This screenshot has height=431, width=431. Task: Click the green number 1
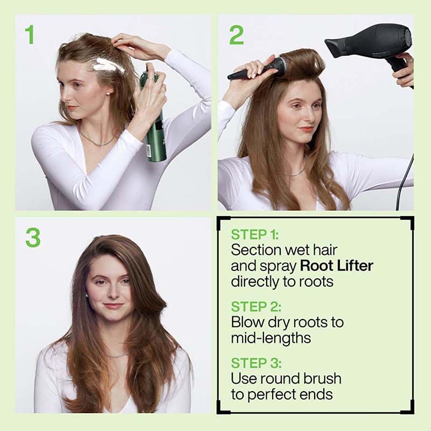tap(30, 34)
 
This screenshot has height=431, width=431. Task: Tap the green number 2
tap(236, 34)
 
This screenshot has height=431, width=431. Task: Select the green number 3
tap(32, 238)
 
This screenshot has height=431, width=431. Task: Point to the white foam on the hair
tap(108, 66)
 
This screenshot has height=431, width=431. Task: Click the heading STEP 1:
tap(256, 235)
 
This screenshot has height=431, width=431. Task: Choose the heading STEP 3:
tap(256, 363)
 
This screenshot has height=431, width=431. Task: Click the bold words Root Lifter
tap(337, 266)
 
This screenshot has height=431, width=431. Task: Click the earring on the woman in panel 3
tap(87, 295)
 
